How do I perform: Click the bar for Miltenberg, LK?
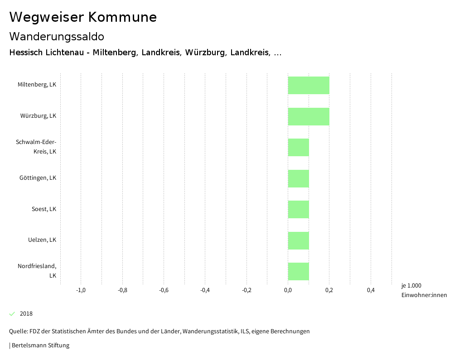[x=309, y=86]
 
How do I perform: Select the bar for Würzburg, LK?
[x=309, y=116]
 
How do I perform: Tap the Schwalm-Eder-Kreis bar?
[x=298, y=147]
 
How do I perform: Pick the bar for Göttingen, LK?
[x=298, y=178]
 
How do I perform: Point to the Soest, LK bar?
[x=298, y=209]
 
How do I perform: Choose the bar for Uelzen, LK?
[x=298, y=240]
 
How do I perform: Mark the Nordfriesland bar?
[x=298, y=271]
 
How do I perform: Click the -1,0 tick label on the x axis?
[x=81, y=290]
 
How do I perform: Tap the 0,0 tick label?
[x=288, y=290]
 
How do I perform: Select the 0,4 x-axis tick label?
[x=371, y=290]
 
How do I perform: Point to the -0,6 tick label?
[x=164, y=290]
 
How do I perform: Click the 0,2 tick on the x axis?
[x=329, y=290]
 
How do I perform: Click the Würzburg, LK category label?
[x=38, y=116]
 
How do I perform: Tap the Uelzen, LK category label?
[x=42, y=240]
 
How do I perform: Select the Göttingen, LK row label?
[x=38, y=178]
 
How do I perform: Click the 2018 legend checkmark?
[x=12, y=314]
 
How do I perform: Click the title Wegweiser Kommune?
[x=83, y=17]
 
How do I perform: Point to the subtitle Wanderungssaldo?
[x=57, y=36]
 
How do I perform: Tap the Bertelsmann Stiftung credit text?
[x=40, y=346]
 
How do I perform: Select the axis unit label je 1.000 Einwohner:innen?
[x=424, y=290]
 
